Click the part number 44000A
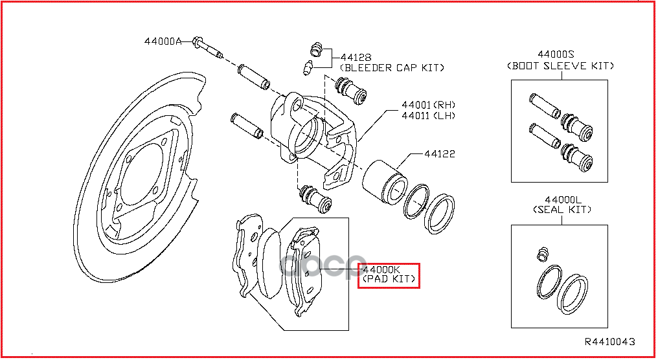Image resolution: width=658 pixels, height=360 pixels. pos(163,41)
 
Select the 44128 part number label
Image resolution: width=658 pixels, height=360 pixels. pos(356,57)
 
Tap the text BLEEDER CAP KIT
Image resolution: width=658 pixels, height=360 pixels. pos(392,67)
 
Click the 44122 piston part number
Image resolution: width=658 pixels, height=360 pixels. pos(440,154)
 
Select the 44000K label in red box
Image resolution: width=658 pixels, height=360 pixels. pos(382,270)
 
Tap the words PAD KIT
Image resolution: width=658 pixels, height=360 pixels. pos(389,280)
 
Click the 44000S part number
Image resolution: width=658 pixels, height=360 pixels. pos(559,55)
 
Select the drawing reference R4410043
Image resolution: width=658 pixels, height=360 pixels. pos(609,341)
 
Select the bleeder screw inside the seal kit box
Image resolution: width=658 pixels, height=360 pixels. pos(543,253)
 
